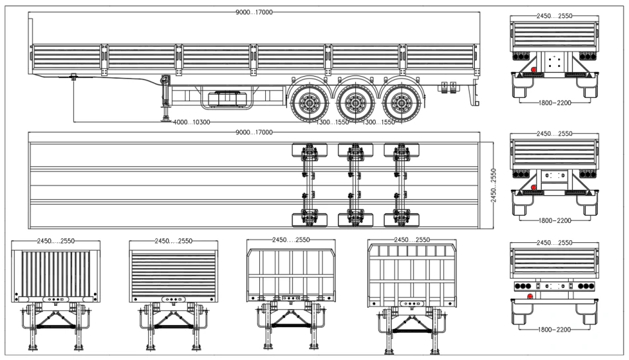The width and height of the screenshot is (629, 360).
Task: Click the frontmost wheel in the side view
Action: click(x=308, y=103)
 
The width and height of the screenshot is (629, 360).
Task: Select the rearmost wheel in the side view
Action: click(x=399, y=103)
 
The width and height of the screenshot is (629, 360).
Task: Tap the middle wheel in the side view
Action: click(x=354, y=103)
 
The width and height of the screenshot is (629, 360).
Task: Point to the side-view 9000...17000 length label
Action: click(x=254, y=13)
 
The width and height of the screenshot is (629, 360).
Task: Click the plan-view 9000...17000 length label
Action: click(x=254, y=133)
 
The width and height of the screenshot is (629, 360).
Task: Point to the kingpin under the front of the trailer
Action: click(x=73, y=79)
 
